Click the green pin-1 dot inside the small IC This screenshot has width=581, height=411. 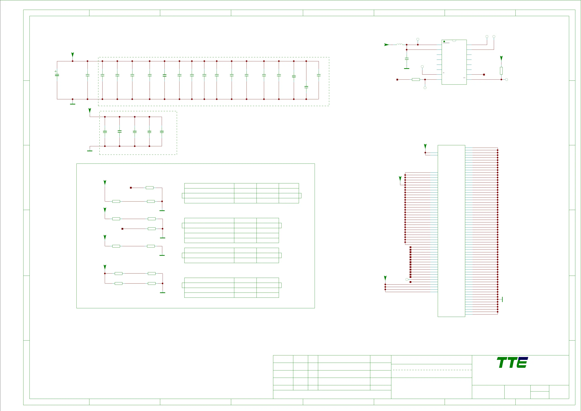coord(444,41)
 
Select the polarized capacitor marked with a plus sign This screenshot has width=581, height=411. coord(57,75)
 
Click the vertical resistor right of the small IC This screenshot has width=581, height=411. coord(501,71)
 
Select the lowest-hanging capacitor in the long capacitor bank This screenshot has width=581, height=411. coord(306,87)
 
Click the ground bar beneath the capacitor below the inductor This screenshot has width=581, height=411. coord(407,68)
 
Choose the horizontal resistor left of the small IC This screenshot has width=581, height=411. coord(416,79)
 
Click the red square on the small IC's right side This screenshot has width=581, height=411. coord(484,74)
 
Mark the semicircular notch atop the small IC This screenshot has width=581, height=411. coord(454,41)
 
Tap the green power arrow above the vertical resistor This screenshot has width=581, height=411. coord(501,58)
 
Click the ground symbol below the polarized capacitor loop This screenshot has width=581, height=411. coord(73,104)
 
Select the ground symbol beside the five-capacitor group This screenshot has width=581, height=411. coord(90,151)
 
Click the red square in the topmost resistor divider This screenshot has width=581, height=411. coord(131,188)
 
